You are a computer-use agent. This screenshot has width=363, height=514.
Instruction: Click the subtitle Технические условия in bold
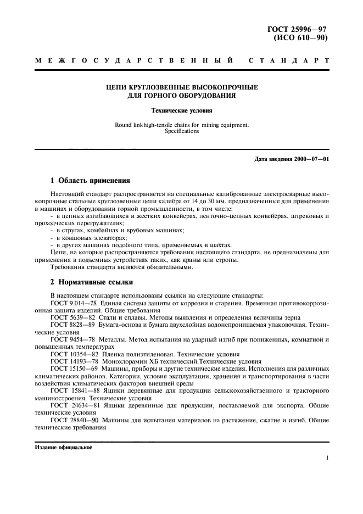click(181, 110)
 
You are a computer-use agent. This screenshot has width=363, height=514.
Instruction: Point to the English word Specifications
click(181, 131)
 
